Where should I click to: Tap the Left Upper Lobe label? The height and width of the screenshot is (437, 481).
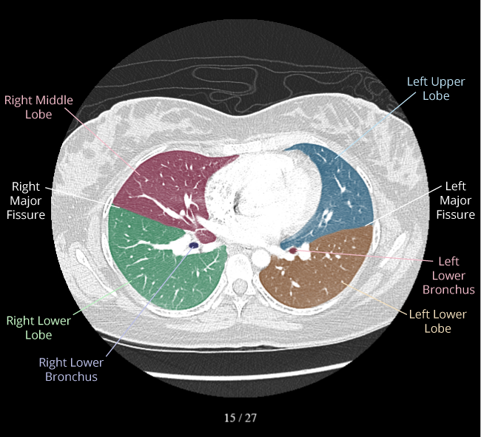pos(436,88)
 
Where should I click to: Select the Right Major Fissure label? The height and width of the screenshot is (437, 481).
pos(27,201)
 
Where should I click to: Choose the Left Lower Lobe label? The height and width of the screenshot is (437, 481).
pos(437,321)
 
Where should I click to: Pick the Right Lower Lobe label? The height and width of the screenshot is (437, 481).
pos(38,328)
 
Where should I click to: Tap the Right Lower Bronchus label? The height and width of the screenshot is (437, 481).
pos(71,370)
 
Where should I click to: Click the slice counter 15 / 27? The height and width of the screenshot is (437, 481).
pos(240,418)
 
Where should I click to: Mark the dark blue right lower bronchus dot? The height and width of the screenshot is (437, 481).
pos(194,245)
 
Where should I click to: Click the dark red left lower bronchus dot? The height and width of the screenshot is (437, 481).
pos(292,251)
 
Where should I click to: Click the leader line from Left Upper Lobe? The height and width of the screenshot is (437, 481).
pos(370,126)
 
